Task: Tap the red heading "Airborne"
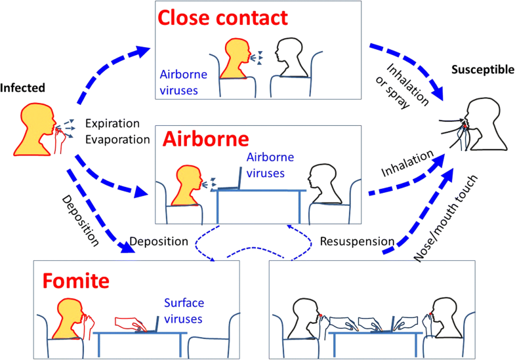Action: pos(206,140)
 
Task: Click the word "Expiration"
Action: pos(113,123)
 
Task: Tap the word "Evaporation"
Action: pos(117,139)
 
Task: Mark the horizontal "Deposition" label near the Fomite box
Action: pos(159,242)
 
